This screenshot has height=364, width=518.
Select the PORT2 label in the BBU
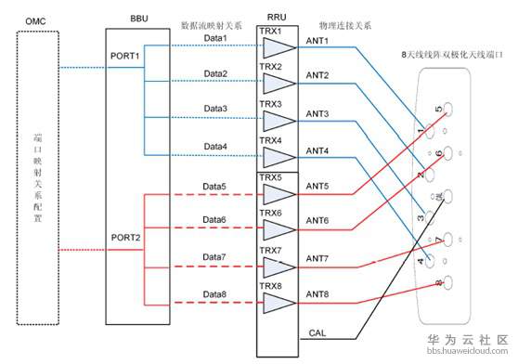[x=126, y=238]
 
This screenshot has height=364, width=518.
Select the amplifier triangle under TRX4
[x=278, y=154]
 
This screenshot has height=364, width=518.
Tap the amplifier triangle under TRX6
[x=278, y=228]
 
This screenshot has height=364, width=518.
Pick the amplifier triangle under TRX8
[x=278, y=302]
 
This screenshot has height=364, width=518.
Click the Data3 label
[x=215, y=109]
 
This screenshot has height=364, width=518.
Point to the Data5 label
[x=215, y=186]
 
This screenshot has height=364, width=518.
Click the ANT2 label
[x=318, y=75]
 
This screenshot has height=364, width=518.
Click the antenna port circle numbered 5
[x=448, y=109]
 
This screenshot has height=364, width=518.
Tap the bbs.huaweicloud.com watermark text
[x=465, y=355]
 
